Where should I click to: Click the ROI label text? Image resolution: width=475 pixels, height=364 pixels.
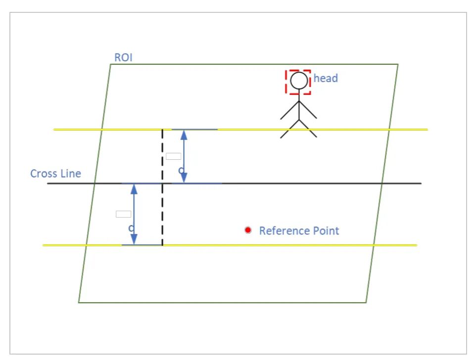123,57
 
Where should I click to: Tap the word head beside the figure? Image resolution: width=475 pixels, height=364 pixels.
326,78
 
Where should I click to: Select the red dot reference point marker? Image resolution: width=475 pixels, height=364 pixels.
248,230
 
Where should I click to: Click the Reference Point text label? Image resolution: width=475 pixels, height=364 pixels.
299,231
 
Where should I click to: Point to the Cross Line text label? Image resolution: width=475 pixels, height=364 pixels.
55,174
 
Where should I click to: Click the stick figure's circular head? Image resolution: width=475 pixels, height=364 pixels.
299,81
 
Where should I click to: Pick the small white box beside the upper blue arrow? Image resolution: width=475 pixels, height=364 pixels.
173,156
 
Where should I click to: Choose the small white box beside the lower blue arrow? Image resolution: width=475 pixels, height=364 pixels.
123,214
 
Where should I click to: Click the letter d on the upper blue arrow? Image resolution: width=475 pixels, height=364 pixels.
181,170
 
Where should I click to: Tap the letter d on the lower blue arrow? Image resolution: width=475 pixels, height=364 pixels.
131,228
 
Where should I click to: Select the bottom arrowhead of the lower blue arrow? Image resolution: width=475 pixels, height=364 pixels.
134,240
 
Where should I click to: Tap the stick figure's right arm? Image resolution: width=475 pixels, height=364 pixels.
308,110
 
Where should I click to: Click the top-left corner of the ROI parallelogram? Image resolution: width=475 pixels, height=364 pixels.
110,64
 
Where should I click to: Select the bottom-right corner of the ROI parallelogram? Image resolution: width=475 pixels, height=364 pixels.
366,302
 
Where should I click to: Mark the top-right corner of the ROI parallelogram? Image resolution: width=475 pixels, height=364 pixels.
398,64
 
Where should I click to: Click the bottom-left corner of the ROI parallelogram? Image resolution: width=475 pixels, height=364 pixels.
79,302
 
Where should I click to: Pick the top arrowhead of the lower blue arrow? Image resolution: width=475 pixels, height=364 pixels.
134,188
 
